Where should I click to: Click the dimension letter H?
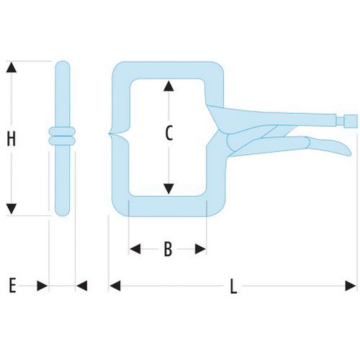pyautogui.click(x=12, y=138)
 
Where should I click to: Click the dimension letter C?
pyautogui.click(x=168, y=133)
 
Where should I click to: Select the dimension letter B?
pyautogui.click(x=168, y=249)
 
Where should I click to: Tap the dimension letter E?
pyautogui.click(x=12, y=285)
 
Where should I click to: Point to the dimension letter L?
pyautogui.click(x=233, y=286)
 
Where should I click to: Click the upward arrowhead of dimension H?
pyautogui.click(x=12, y=67)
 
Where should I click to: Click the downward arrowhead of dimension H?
pyautogui.click(x=12, y=209)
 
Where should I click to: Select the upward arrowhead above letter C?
pyautogui.click(x=168, y=86)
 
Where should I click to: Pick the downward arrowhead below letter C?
pyautogui.click(x=168, y=189)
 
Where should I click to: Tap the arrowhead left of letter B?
pyautogui.click(x=135, y=249)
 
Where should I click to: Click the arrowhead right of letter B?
pyautogui.click(x=200, y=249)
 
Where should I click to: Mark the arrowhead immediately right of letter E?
pyautogui.click(x=42, y=286)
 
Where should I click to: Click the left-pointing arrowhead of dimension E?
pyautogui.click(x=82, y=286)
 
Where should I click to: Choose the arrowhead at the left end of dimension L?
pyautogui.click(x=115, y=286)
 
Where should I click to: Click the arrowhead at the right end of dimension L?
pyautogui.click(x=351, y=286)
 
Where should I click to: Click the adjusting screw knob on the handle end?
pyautogui.click(x=351, y=121)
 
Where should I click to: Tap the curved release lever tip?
pyautogui.click(x=346, y=151)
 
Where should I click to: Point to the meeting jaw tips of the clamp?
pyautogui.click(x=110, y=134)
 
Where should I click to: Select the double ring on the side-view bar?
pyautogui.click(x=62, y=136)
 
